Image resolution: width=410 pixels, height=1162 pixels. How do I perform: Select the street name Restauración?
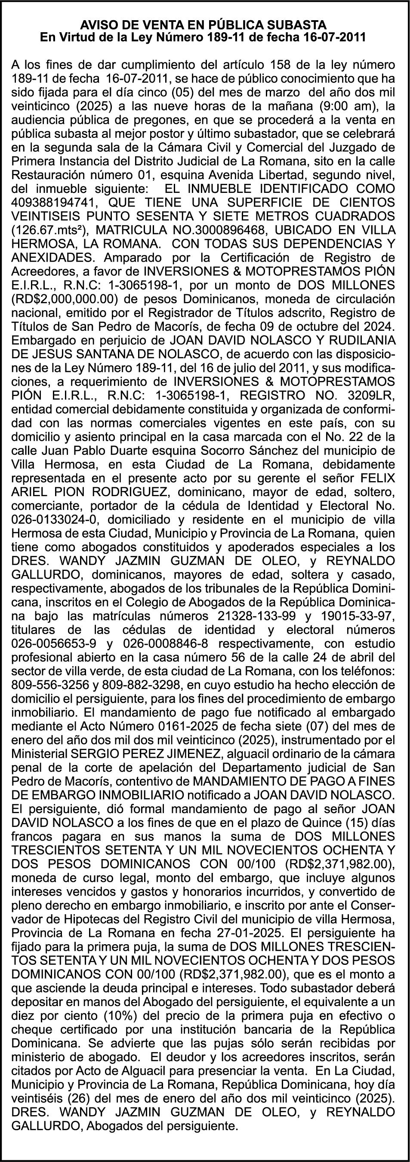coord(51,174)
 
